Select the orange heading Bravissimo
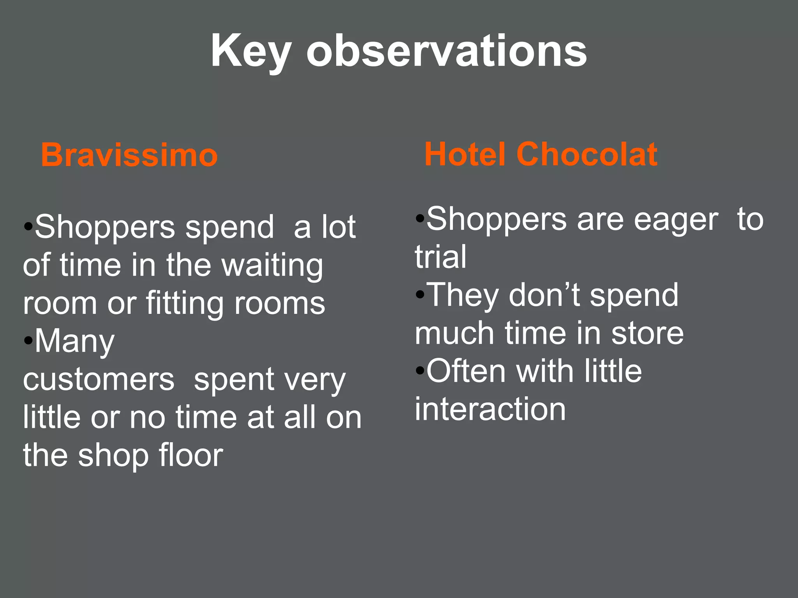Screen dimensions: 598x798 [x=129, y=155]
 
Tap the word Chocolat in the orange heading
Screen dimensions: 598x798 [x=587, y=154]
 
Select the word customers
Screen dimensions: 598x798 [x=99, y=380]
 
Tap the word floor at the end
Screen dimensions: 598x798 [x=191, y=455]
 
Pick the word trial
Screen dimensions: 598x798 [x=440, y=257]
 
